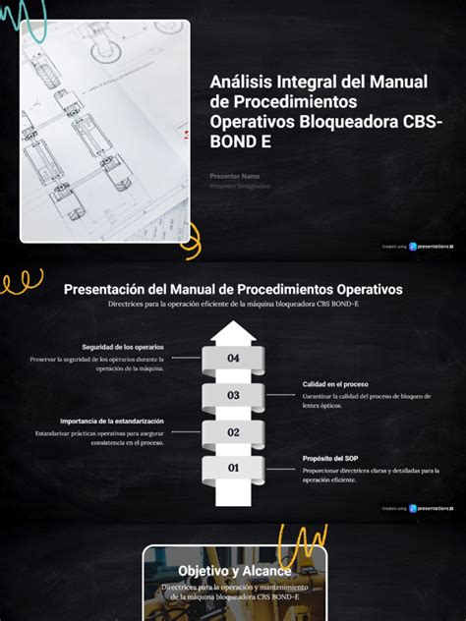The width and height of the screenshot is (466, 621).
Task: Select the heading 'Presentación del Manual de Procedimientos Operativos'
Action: tap(233, 289)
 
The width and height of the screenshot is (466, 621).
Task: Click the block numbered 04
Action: tap(233, 359)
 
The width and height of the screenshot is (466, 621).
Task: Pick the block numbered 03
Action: tap(233, 395)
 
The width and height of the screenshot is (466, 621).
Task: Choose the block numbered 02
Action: tap(233, 431)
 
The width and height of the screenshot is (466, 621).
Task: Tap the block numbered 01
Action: tap(233, 468)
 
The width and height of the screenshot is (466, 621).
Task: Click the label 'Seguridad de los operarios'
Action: tap(124, 347)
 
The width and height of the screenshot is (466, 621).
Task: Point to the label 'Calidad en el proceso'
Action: tap(335, 383)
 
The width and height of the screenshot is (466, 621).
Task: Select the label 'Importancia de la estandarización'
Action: tap(112, 421)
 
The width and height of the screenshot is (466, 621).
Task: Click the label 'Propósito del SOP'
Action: tap(330, 458)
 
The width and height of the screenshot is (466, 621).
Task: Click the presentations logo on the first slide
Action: tap(431, 247)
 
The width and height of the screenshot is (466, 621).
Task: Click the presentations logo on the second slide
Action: tap(431, 508)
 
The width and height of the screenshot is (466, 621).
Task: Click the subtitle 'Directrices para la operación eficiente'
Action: tap(233, 305)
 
